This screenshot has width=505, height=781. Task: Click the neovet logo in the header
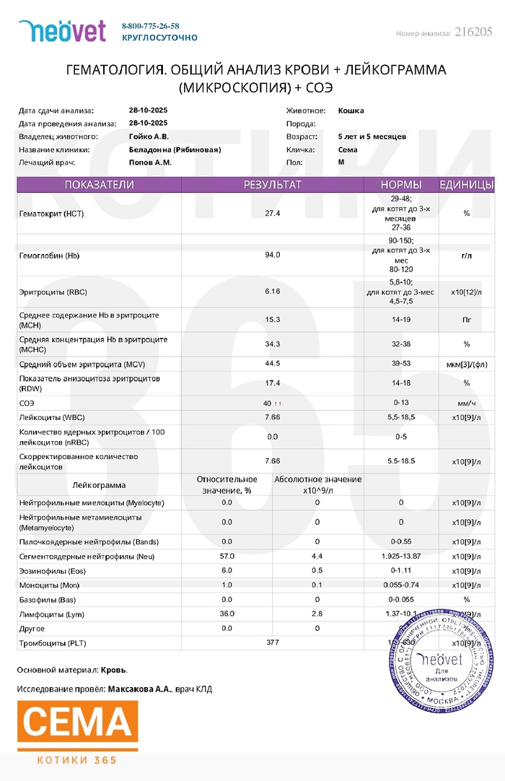point(62,30)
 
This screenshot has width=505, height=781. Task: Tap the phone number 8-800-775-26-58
point(151,26)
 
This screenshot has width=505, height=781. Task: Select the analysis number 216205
point(474,32)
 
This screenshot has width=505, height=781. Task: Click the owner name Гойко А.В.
point(149,136)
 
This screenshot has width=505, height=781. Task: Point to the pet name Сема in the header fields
point(348,149)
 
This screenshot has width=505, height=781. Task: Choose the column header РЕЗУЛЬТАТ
point(272,185)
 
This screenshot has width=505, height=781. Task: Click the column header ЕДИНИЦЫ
point(466,185)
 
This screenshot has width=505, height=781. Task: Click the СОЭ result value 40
point(268,402)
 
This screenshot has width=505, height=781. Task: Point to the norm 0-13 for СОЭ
point(401,402)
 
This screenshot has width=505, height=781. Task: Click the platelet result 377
point(272,642)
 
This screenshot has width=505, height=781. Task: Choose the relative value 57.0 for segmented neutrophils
point(227,557)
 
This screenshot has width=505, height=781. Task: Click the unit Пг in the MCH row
point(466,319)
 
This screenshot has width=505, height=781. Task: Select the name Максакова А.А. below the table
point(140,689)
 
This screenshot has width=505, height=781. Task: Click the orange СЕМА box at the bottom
point(77,725)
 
